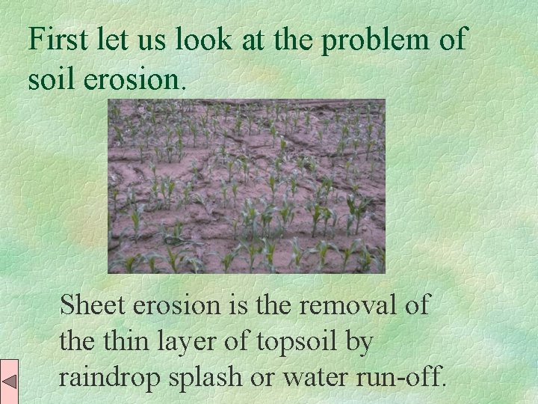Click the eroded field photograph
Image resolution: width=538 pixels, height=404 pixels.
[x=246, y=186]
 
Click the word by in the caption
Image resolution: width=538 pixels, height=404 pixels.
[x=359, y=343]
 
